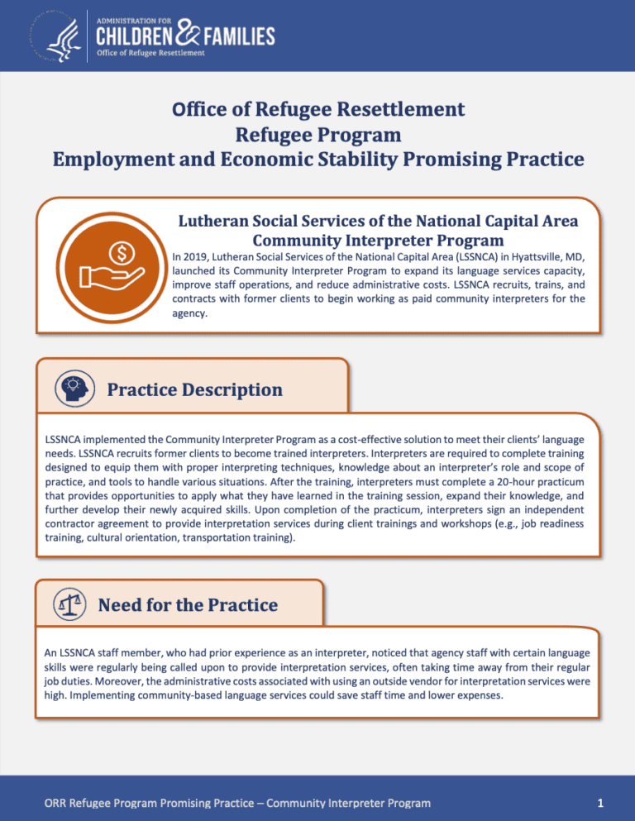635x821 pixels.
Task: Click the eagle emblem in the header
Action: click(51, 35)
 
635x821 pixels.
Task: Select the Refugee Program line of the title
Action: click(317, 133)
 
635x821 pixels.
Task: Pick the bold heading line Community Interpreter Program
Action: click(378, 241)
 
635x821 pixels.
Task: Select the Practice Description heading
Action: click(194, 389)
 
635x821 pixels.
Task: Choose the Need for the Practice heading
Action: click(188, 605)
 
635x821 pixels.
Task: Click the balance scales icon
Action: click(67, 605)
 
